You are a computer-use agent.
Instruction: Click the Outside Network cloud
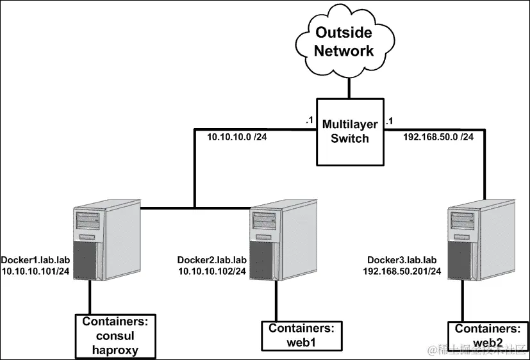point(345,42)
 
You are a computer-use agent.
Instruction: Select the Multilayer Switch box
point(350,132)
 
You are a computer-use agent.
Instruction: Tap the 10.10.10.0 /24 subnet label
point(237,137)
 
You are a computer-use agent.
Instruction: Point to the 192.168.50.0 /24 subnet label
point(438,137)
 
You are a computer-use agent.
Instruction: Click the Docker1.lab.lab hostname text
point(35,260)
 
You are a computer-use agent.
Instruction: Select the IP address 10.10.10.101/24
point(35,271)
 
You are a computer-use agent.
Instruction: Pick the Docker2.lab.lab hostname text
point(212,260)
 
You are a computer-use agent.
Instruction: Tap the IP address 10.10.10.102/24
point(212,271)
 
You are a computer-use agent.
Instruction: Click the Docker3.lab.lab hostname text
point(402,260)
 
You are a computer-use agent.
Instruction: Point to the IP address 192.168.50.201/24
point(402,271)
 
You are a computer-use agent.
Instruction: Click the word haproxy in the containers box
point(115,350)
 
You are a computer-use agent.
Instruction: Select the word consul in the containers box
point(115,336)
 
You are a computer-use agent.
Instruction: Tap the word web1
point(301,342)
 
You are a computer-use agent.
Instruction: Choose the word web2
point(488,343)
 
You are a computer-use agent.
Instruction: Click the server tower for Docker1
point(107,240)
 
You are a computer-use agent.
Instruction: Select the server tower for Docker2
point(283,240)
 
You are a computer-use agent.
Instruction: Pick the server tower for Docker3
point(481,240)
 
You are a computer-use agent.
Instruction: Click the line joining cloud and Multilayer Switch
point(349,88)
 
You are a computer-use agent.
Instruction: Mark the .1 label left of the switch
point(310,120)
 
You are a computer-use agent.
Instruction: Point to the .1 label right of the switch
point(390,121)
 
